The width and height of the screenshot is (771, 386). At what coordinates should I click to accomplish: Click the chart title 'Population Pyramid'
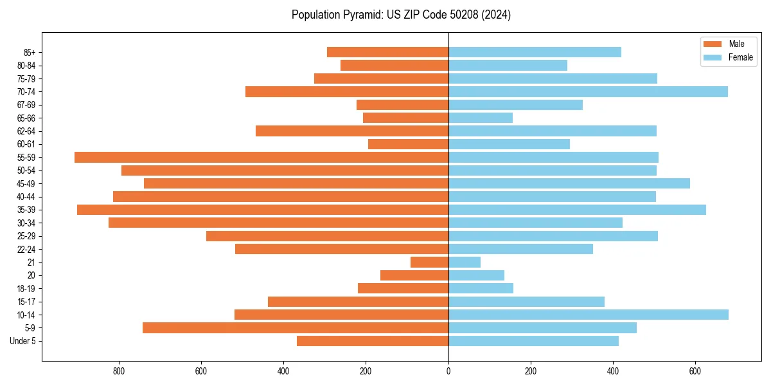pos(401,15)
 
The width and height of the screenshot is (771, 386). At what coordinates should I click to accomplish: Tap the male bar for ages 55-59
pos(261,157)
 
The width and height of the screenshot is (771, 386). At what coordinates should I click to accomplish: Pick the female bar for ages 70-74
pos(588,91)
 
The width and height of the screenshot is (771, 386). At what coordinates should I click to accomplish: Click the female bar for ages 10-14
pos(589,315)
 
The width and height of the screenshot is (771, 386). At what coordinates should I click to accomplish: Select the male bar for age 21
pos(429,262)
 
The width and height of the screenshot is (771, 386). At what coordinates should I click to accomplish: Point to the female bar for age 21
pos(465,262)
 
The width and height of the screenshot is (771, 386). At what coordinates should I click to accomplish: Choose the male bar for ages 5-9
pos(296,327)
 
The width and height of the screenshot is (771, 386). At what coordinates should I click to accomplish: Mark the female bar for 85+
pos(535,52)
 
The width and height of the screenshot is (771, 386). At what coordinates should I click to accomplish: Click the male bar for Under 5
pos(373,341)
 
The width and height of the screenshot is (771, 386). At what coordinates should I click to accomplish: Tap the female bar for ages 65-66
pos(481,118)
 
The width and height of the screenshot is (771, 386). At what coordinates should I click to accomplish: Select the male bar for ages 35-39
pos(263,210)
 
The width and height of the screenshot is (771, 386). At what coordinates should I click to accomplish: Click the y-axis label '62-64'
pos(26,131)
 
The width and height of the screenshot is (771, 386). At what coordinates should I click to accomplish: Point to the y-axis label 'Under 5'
pos(23,341)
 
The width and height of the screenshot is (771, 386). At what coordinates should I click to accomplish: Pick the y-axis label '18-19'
pos(26,288)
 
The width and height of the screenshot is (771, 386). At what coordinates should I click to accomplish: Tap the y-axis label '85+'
pos(28,52)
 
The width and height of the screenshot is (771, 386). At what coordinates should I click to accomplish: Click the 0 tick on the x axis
pos(448,371)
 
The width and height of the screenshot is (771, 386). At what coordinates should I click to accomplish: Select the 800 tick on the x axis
pos(119,371)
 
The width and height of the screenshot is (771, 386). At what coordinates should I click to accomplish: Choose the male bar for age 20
pos(414,275)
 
